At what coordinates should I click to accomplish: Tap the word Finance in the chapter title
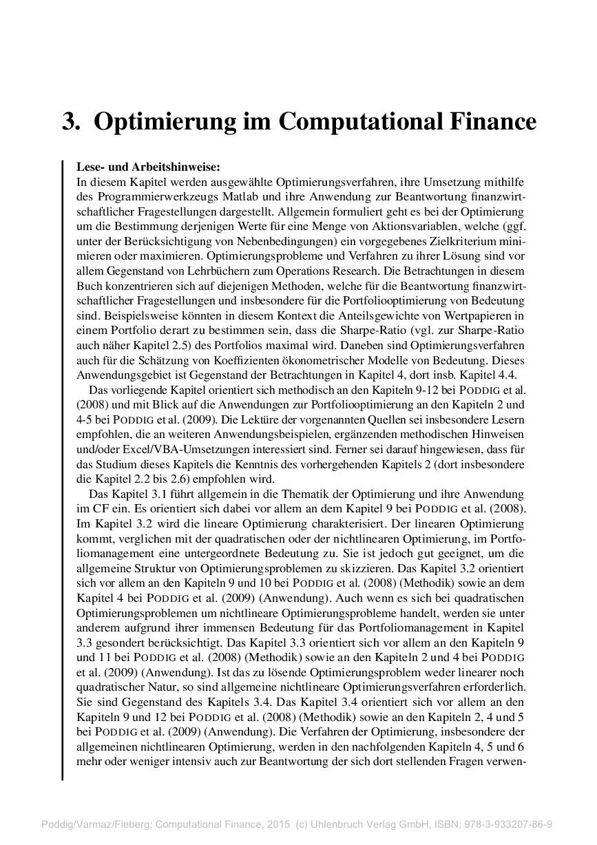(490, 122)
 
